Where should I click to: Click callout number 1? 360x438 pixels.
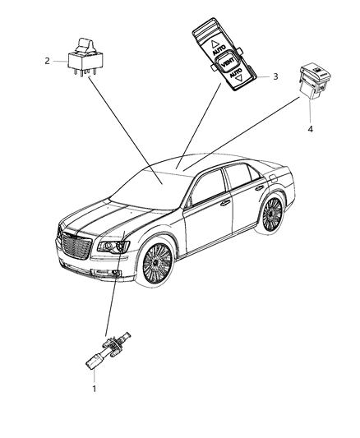[95, 389]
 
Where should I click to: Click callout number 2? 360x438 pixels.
[47, 61]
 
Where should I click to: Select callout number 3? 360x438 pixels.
[275, 76]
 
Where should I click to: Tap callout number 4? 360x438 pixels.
[311, 129]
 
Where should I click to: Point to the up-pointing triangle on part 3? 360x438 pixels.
[215, 44]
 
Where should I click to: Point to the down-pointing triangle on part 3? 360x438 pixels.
[239, 79]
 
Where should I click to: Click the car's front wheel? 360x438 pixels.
[157, 263]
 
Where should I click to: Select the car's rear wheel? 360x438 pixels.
[271, 214]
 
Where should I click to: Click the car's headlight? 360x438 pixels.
[113, 247]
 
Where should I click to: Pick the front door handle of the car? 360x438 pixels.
[225, 203]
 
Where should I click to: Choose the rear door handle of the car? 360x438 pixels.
[260, 187]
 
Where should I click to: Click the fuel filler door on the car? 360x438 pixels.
[273, 178]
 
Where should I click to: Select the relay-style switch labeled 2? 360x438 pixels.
[85, 58]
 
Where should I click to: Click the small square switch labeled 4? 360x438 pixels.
[315, 81]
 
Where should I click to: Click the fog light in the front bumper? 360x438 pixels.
[115, 274]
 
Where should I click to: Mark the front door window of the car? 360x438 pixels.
[209, 187]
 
